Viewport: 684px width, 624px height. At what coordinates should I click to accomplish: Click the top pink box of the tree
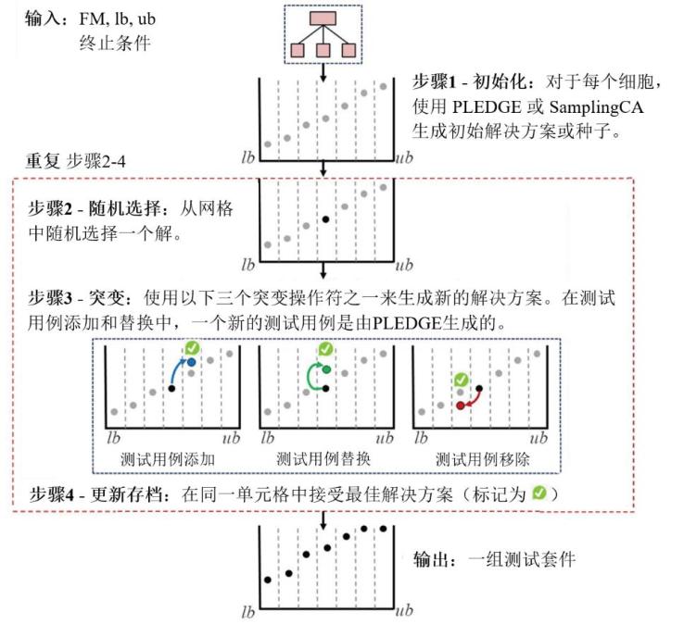[323, 19]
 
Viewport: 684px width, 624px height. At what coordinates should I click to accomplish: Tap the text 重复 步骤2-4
[69, 161]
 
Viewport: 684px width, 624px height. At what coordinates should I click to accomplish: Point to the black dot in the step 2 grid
[324, 219]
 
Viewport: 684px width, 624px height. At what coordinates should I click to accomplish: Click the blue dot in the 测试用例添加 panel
[192, 362]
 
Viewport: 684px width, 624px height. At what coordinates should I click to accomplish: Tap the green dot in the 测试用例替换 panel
[328, 368]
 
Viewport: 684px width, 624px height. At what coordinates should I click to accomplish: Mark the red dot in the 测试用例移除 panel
[460, 406]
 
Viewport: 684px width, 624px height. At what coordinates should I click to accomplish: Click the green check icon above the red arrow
[460, 379]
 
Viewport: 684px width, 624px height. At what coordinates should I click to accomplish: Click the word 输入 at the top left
[41, 20]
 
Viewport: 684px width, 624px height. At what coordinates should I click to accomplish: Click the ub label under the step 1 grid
[403, 158]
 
